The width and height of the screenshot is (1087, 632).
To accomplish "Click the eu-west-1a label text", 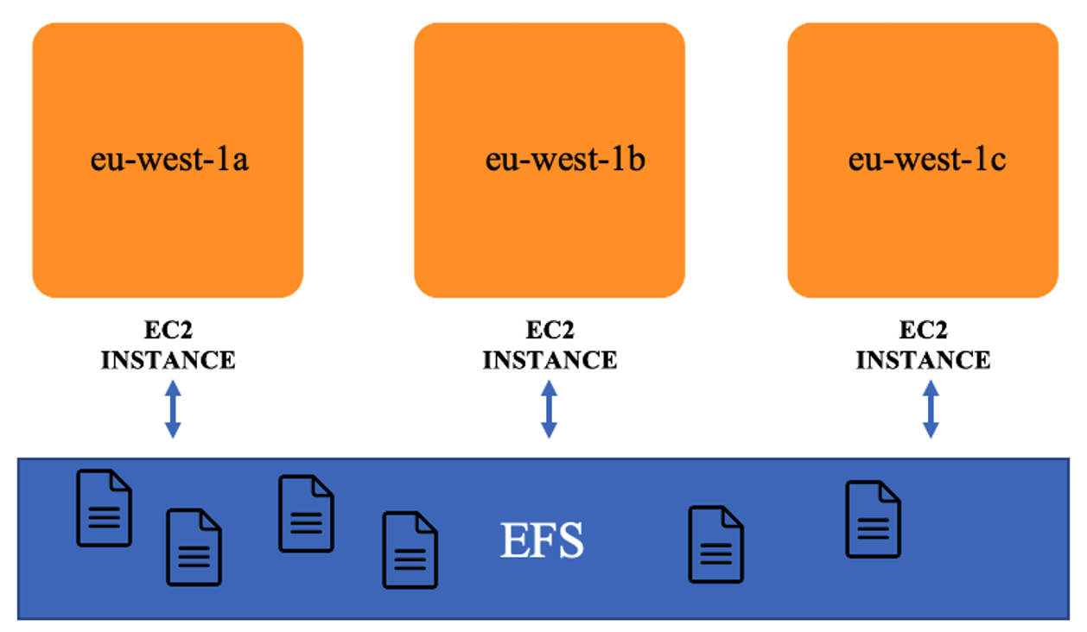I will [169, 160].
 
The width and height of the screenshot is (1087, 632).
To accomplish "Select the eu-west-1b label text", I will [565, 160].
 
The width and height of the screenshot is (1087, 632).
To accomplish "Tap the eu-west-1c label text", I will [926, 160].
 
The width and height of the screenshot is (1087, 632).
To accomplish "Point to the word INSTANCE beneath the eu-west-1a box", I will [168, 360].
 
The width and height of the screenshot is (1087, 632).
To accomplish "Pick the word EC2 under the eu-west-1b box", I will [550, 332].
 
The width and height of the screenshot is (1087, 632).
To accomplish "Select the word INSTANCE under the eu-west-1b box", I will [550, 360].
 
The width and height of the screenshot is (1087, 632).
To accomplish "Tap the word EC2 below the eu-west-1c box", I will [923, 332].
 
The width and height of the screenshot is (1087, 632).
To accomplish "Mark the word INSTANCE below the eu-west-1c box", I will [923, 360].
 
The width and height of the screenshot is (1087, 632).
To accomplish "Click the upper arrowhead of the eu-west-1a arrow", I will [173, 388].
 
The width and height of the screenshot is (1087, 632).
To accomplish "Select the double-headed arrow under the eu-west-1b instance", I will [549, 408].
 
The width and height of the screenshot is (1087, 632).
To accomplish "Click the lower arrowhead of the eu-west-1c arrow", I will [931, 429].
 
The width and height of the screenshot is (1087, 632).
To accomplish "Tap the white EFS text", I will [542, 541].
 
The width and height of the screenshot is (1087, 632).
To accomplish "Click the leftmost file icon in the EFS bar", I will [104, 508].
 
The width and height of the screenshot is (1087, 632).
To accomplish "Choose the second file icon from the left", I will [194, 547].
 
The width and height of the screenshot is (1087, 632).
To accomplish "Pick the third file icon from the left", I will [306, 513].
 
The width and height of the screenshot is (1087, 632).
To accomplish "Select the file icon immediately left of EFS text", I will [410, 550].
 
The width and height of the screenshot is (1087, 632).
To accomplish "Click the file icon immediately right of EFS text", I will [715, 544].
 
